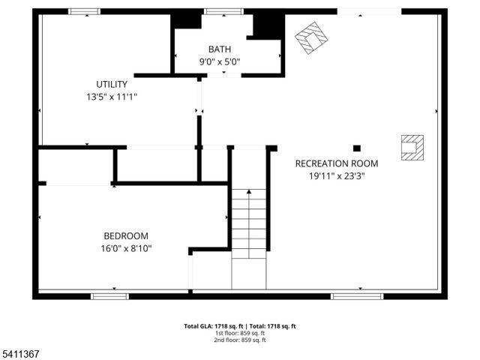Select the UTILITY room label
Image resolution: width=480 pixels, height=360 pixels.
click(x=112, y=84)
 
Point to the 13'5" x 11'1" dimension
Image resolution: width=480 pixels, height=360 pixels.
click(x=112, y=97)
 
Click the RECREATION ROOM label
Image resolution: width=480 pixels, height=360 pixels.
click(x=337, y=163)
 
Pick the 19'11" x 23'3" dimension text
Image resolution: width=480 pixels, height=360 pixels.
click(x=337, y=176)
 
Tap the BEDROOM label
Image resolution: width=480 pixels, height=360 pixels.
click(x=126, y=235)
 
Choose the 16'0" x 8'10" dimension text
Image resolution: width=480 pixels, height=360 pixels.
click(x=126, y=248)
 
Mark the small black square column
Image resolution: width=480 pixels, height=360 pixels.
click(x=357, y=148)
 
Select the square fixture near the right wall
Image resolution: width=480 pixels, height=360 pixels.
click(x=412, y=147)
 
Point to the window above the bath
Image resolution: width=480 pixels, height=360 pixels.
click(x=223, y=11)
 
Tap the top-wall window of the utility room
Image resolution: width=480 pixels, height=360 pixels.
click(x=85, y=11)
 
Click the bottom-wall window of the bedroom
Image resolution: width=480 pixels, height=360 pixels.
click(x=109, y=296)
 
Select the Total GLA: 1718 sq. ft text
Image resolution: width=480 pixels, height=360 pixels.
click(x=211, y=326)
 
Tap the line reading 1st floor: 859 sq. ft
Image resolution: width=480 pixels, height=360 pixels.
click(x=240, y=333)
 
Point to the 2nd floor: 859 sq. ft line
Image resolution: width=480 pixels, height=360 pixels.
click(x=240, y=340)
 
